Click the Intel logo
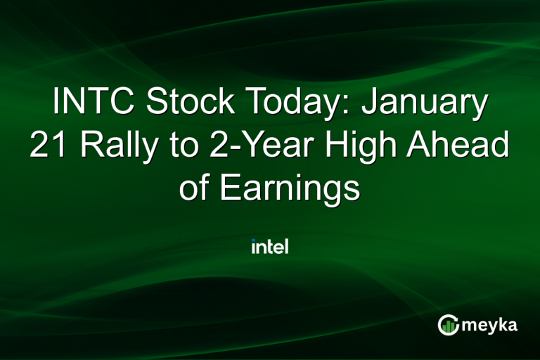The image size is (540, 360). coord(270,247)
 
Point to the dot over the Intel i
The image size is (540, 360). coord(253,241)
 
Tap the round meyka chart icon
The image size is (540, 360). coord(448,324)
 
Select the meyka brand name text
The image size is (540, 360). coord(491,325)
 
